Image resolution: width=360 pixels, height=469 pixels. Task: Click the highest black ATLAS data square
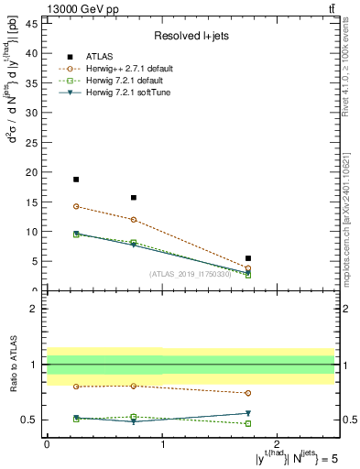tap(76, 180)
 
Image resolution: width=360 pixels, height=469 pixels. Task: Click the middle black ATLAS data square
tap(134, 197)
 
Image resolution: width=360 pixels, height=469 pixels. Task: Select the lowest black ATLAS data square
tap(248, 258)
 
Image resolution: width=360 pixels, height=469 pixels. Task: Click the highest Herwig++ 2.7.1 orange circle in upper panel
tap(76, 206)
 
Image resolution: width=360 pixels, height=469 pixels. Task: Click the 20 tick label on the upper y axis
tap(35, 172)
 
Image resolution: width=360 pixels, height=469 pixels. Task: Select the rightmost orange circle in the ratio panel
tap(248, 393)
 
